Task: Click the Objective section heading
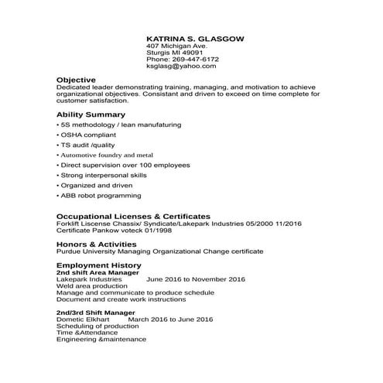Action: pyautogui.click(x=76, y=80)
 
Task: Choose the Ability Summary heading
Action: pyautogui.click(x=91, y=114)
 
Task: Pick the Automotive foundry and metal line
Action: pyautogui.click(x=107, y=155)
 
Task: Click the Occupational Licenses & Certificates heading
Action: pyautogui.click(x=133, y=216)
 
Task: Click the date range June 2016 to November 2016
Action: pyautogui.click(x=195, y=279)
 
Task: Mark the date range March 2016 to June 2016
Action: pyautogui.click(x=170, y=319)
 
